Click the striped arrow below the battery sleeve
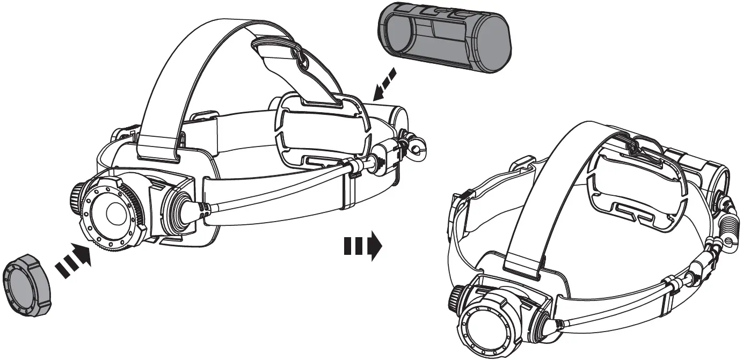click(x=385, y=83)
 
